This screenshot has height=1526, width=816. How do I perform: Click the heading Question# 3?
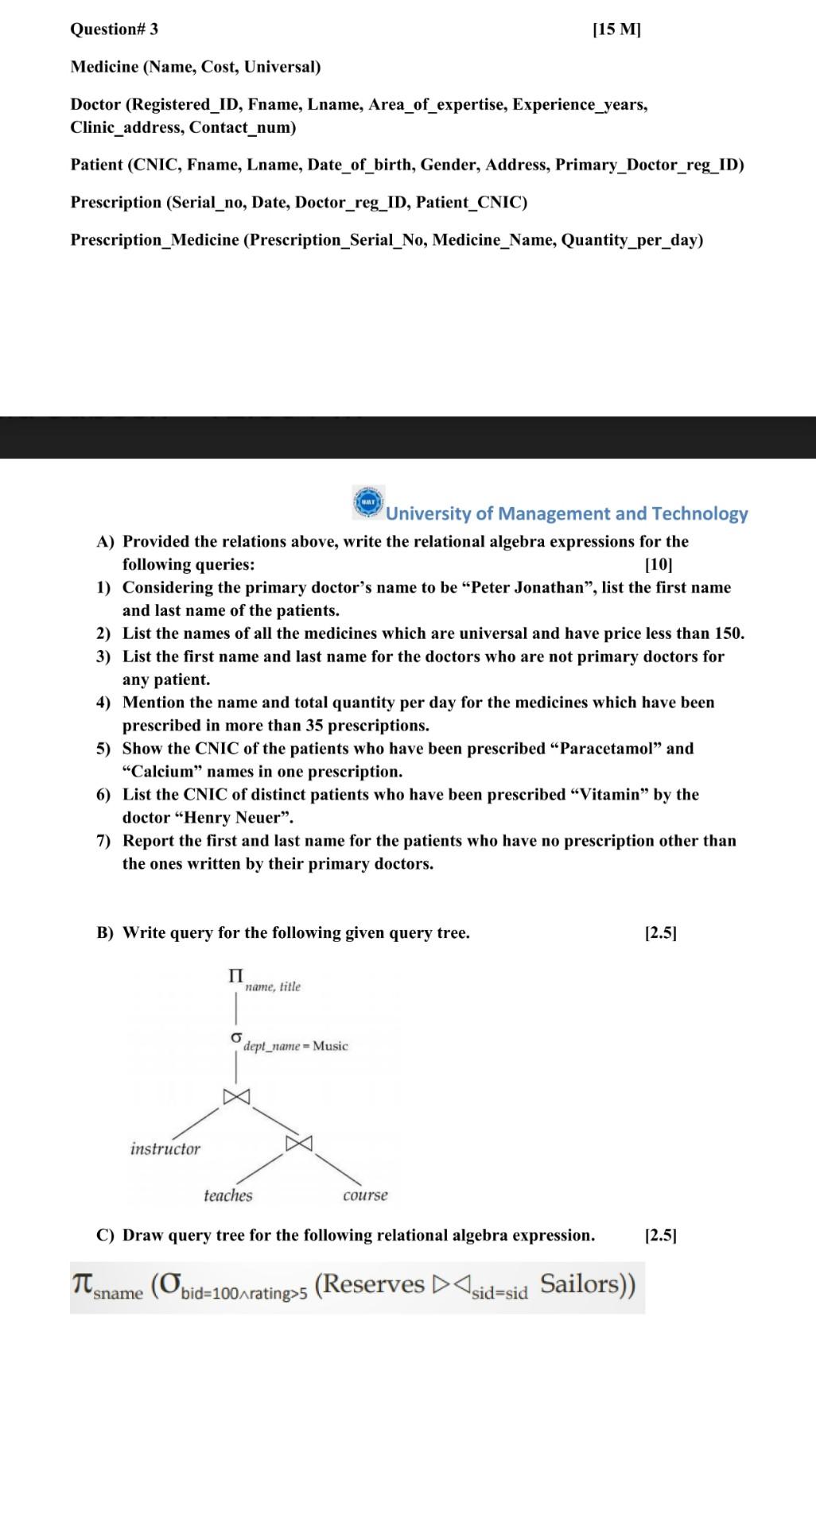pos(114,29)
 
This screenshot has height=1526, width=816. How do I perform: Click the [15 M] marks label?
pos(616,29)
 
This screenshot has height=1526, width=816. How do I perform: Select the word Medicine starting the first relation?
pos(104,67)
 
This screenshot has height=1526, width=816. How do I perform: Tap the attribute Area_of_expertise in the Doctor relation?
pos(437,104)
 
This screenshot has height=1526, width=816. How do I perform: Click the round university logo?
pos(368,502)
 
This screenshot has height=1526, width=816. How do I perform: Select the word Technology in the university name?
pos(699,513)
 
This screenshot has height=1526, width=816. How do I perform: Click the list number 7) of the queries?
pos(103,841)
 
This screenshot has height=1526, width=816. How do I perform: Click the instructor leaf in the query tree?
pos(165,1148)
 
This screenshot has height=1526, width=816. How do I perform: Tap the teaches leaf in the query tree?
pos(227,1195)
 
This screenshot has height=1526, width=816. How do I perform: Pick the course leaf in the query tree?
pos(365,1195)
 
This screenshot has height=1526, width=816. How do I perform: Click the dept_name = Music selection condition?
pos(295,1046)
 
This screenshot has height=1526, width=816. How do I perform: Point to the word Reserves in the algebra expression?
pos(370,1284)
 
